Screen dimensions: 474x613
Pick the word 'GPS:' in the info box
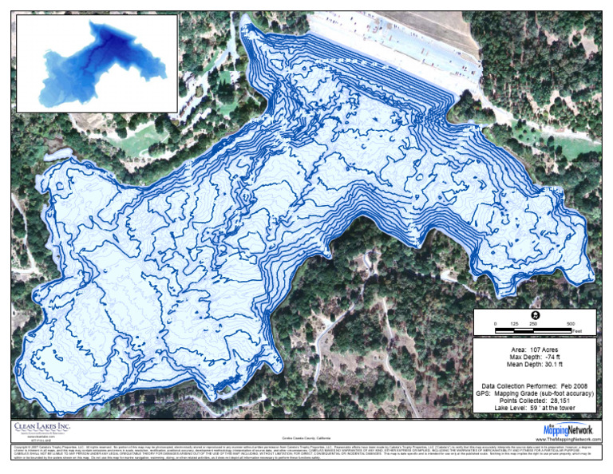click(483, 393)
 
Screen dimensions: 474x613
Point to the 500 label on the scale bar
click(571, 323)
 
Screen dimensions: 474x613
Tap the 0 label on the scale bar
click(495, 323)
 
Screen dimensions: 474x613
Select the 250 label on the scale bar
click(533, 323)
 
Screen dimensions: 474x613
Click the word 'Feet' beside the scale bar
click(576, 330)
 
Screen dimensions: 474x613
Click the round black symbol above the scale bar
click(534, 314)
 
